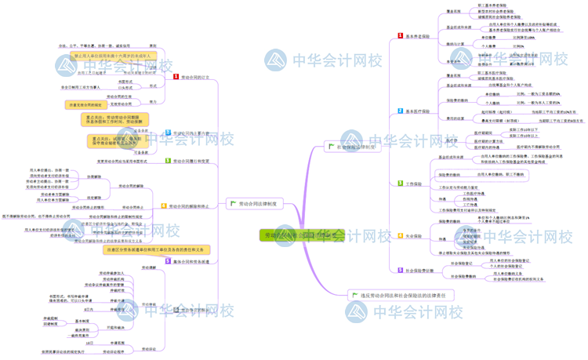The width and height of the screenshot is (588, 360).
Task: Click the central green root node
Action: [x=302, y=235]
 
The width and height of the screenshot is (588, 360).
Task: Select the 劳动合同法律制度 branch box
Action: [x=251, y=204]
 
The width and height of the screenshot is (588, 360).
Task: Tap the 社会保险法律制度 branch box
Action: [x=352, y=147]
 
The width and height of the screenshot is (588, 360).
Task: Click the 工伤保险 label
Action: [x=414, y=184]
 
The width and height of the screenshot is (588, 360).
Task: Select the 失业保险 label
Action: [x=414, y=235]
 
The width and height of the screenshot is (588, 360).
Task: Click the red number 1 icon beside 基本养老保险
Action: [x=400, y=36]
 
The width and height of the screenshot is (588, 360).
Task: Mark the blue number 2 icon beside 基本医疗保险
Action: [x=400, y=112]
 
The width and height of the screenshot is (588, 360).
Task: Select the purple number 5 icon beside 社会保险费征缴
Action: [x=400, y=270]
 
